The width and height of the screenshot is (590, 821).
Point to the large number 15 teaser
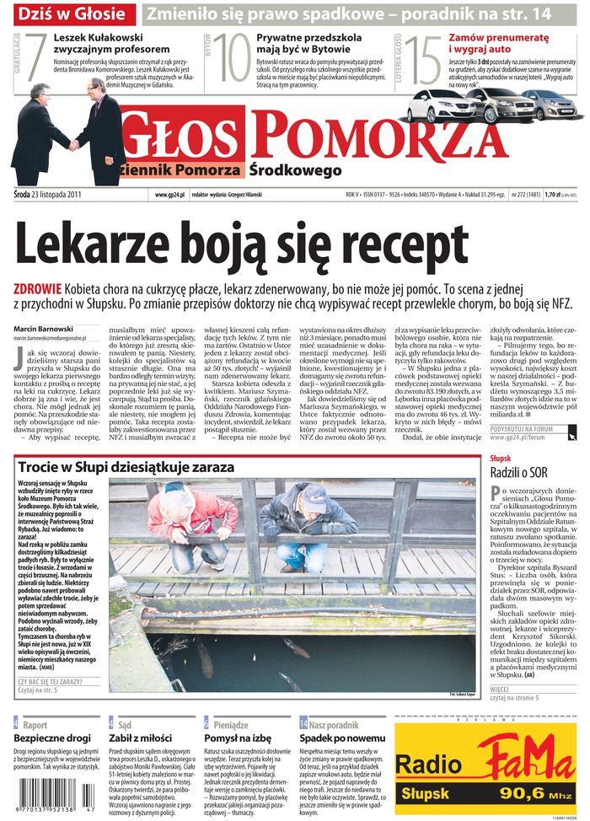click(423, 60)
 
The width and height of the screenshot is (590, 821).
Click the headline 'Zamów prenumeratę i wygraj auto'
click(498, 43)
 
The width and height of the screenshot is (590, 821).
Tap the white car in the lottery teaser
click(436, 105)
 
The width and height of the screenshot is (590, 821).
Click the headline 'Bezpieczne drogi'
click(52, 738)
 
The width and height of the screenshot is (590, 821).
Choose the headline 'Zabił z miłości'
click(141, 738)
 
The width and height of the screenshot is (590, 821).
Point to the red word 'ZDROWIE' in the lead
click(39, 287)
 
